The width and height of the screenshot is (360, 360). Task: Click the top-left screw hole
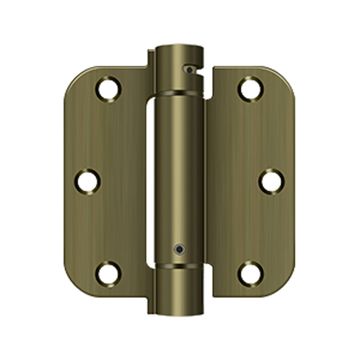click(x=107, y=89)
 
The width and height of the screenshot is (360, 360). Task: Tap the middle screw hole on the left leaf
click(x=89, y=181)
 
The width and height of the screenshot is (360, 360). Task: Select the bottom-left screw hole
click(x=107, y=271)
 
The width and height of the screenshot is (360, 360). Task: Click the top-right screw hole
click(x=249, y=89)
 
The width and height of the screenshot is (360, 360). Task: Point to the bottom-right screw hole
click(x=250, y=271)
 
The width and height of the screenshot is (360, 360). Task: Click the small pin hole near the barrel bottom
click(x=177, y=246)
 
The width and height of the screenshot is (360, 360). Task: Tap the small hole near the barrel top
click(x=186, y=66)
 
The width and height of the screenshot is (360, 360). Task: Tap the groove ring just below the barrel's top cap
click(x=179, y=83)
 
